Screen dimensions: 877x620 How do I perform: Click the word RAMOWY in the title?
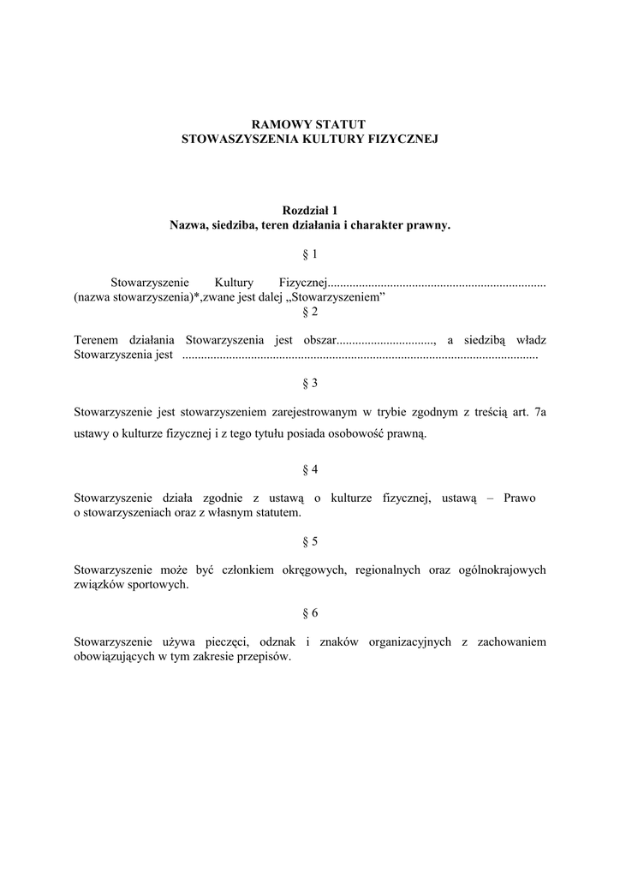click(276, 125)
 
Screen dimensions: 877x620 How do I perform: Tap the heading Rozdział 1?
click(310, 211)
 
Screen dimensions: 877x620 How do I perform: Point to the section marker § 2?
click(310, 312)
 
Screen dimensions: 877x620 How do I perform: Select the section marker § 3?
click(310, 383)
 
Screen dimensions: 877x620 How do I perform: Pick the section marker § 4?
click(310, 469)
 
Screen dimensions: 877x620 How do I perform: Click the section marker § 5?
click(310, 541)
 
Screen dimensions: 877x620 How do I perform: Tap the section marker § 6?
click(310, 613)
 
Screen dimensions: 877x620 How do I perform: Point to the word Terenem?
click(96, 340)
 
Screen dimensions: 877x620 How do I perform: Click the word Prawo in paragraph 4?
click(520, 498)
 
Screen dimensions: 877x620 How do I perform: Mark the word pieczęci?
click(226, 642)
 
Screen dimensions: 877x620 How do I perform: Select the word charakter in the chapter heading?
click(385, 225)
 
